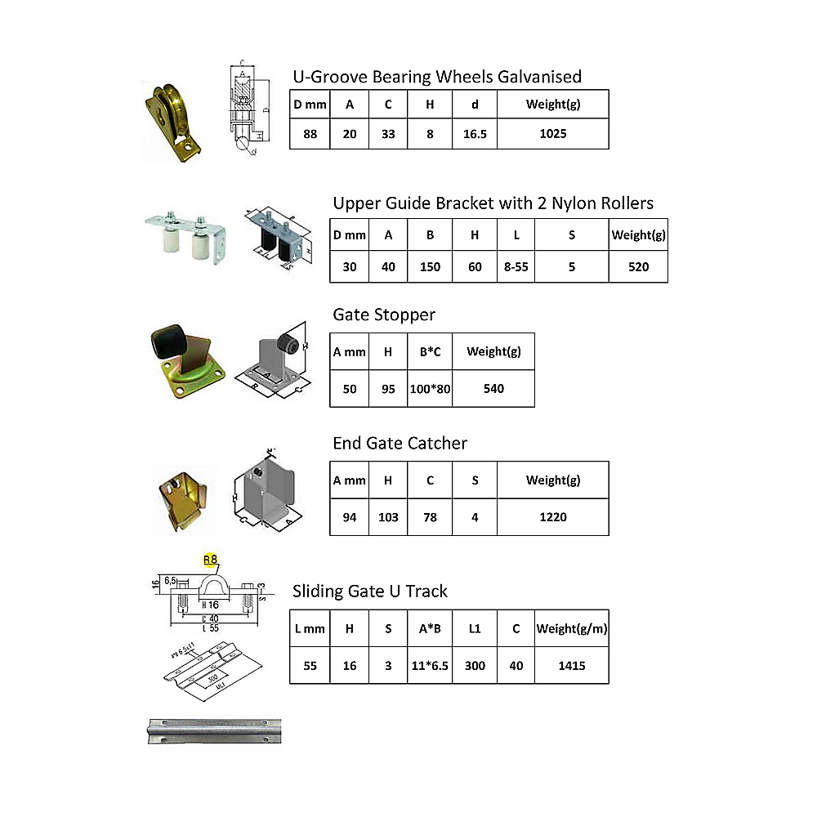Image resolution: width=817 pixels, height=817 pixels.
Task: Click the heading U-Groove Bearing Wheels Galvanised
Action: (437, 77)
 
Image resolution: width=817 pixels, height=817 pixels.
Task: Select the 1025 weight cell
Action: (553, 134)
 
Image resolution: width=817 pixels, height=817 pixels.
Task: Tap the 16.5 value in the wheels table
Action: (475, 134)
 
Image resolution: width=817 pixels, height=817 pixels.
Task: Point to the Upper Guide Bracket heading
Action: (493, 203)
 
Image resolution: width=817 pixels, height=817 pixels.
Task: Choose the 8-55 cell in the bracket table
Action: (516, 266)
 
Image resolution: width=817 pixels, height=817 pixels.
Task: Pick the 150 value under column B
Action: (430, 266)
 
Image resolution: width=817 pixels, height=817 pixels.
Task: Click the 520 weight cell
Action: (638, 266)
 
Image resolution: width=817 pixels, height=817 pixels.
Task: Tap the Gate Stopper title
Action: (384, 315)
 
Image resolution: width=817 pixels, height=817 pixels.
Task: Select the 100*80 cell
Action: (430, 389)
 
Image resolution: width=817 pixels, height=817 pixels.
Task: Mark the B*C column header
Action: (430, 351)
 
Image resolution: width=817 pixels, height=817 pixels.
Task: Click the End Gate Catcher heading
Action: (400, 443)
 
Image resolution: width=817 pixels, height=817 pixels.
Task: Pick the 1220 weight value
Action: (553, 517)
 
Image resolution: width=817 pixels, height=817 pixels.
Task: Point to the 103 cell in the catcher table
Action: (388, 517)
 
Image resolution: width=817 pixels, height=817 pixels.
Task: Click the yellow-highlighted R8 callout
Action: (210, 560)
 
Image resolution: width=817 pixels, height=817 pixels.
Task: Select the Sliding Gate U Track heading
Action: (369, 591)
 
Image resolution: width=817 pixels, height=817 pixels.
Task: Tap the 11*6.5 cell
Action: (430, 666)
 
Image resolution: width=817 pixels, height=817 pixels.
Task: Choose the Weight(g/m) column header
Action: (572, 629)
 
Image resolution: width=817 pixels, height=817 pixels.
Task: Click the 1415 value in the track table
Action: (572, 666)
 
